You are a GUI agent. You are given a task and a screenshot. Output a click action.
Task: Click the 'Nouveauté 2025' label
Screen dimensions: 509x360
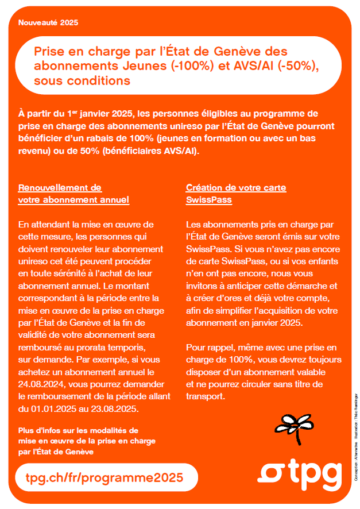(48, 23)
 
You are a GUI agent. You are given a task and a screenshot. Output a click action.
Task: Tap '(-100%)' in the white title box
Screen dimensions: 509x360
(192, 65)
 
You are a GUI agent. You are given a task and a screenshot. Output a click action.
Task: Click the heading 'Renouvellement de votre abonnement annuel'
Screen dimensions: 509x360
(73, 194)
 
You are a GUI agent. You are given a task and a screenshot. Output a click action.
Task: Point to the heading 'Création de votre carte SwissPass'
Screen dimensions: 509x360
(236, 194)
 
